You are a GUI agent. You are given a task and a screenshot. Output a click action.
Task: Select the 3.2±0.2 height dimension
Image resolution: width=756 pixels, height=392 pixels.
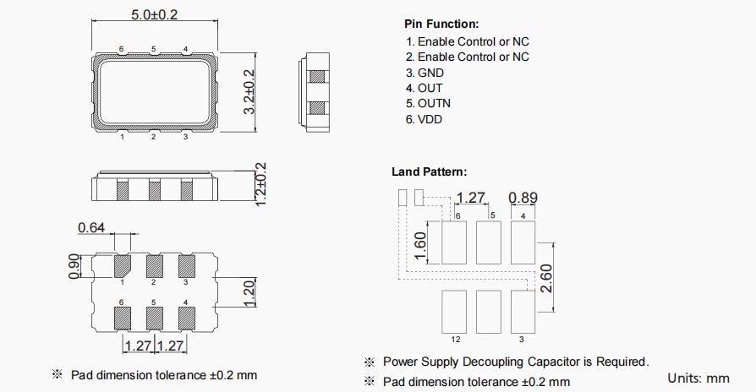[x=249, y=92]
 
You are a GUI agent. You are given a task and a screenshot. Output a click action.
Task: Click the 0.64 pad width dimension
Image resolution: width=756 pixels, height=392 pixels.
[x=91, y=227]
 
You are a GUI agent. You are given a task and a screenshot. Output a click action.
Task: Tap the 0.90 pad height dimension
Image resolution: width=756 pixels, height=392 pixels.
[x=74, y=266]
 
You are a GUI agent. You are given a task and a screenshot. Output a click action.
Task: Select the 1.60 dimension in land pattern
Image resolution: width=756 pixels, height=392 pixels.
[x=420, y=247]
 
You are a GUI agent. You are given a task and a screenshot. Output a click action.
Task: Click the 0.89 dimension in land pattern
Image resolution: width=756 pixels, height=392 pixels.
[x=523, y=198]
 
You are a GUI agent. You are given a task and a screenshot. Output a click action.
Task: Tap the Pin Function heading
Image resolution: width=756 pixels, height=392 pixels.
[x=441, y=24]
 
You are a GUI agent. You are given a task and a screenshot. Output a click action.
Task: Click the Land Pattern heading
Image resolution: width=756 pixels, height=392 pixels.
[x=429, y=171]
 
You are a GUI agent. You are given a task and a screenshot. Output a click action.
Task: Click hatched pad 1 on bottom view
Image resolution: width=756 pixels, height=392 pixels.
[x=123, y=266]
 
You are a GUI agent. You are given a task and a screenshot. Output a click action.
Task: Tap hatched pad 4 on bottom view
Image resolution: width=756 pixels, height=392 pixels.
[x=185, y=318]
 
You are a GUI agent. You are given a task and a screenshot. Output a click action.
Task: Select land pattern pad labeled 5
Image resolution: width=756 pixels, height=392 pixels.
[x=490, y=243]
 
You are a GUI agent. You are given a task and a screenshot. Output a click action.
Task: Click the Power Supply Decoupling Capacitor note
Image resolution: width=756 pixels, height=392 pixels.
[x=516, y=362]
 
